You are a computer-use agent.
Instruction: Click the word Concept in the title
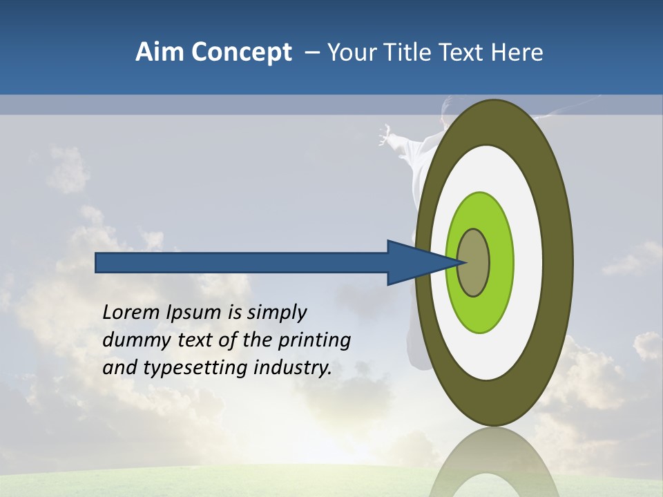(242, 52)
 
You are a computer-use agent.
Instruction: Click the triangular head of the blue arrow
(414, 263)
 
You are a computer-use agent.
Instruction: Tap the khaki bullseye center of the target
(474, 263)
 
